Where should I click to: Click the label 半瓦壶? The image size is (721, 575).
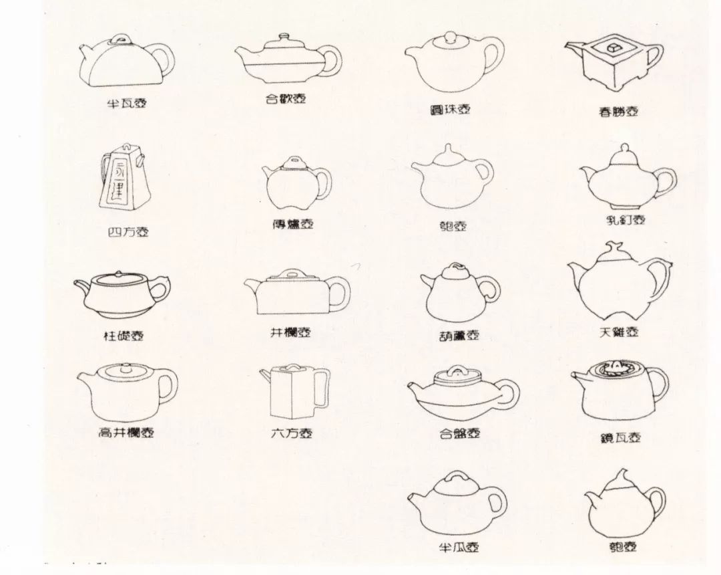point(126,103)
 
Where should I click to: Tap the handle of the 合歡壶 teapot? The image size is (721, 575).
point(333,61)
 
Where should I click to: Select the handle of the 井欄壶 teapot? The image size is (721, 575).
point(339,294)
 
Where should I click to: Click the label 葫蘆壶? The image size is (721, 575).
point(459,334)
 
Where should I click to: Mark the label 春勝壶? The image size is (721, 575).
point(618,112)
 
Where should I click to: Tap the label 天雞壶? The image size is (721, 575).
point(618,331)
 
